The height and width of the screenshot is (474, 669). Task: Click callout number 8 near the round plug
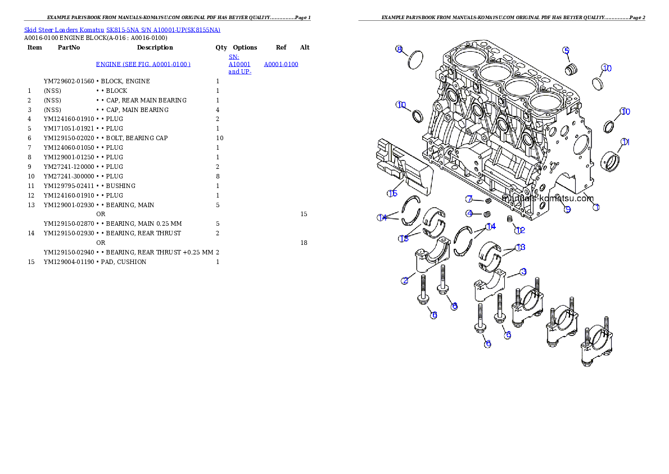(399, 50)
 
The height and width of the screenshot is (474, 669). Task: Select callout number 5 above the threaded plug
(566, 50)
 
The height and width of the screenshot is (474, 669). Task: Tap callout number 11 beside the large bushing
(625, 142)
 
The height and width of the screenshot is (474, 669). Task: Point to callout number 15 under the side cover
(392, 194)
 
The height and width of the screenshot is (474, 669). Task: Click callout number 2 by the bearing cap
(405, 280)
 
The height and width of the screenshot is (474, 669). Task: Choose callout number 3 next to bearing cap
(523, 272)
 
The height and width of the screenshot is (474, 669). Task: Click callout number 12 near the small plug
(520, 230)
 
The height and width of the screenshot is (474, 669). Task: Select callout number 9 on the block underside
(567, 209)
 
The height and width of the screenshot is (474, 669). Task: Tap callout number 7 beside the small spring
(469, 199)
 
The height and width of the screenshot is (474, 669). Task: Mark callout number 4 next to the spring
(469, 213)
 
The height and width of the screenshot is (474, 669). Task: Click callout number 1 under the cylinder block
(596, 207)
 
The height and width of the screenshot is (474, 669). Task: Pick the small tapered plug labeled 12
(510, 219)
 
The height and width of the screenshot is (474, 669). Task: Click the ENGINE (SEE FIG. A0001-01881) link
(143, 65)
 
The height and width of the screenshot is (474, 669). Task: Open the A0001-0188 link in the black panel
(281, 65)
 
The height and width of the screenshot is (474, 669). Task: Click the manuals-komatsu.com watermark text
(548, 199)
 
